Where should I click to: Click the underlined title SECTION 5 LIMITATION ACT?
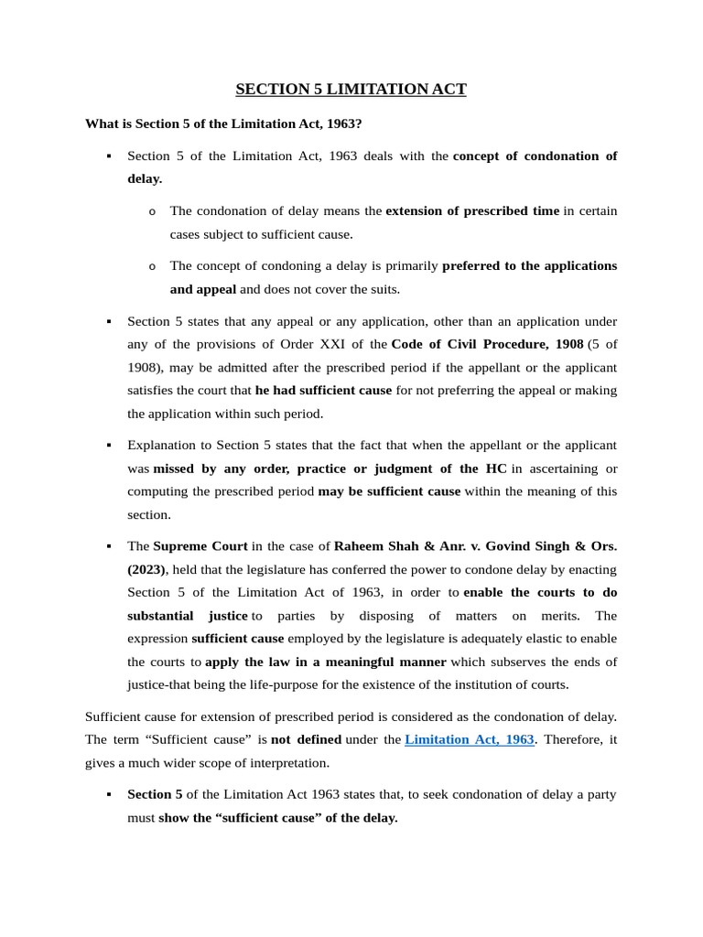point(351,89)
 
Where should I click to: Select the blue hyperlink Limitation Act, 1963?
point(469,739)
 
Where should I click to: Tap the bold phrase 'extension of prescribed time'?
point(472,210)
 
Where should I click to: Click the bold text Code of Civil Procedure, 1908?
point(487,344)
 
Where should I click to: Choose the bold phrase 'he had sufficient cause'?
point(323,390)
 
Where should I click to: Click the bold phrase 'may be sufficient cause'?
point(389,491)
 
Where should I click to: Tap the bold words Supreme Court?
point(200,546)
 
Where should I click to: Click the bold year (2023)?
point(146,569)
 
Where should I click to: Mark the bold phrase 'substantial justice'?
point(188,616)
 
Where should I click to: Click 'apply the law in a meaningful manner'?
point(326,662)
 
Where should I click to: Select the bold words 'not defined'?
point(307,739)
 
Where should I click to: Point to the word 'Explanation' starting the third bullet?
point(161,445)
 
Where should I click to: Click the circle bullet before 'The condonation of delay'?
point(152,212)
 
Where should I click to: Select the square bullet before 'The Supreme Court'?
point(109,546)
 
